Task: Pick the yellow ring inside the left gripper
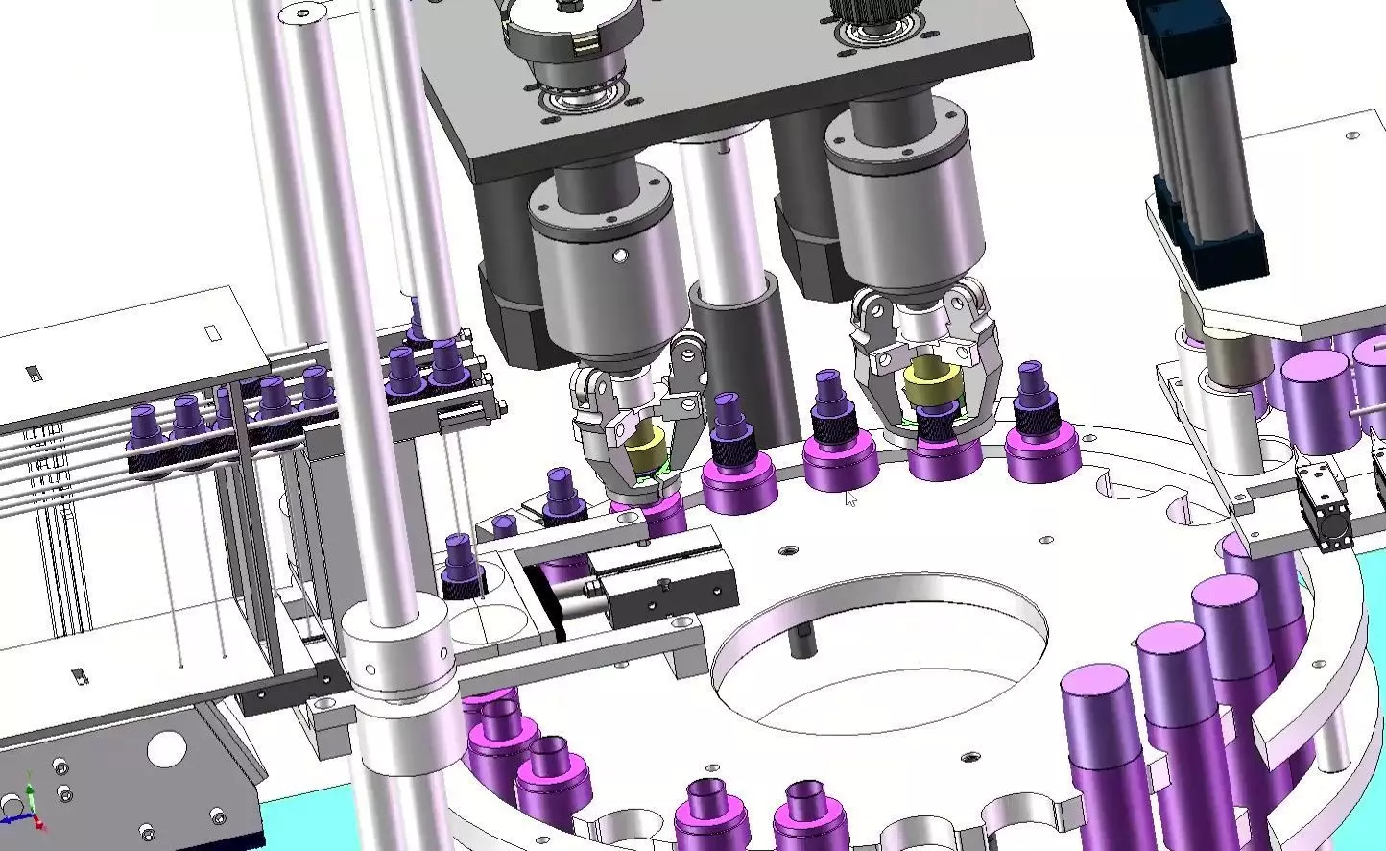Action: click(646, 447)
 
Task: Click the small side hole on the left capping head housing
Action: click(619, 255)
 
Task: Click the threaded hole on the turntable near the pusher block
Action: click(788, 551)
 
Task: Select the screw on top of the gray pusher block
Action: click(662, 583)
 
